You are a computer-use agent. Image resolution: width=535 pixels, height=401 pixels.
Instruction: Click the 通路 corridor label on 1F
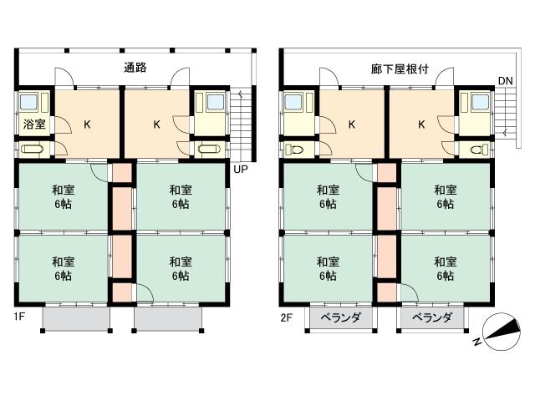135,68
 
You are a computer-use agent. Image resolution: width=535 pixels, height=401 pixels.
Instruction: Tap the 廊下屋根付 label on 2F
400,69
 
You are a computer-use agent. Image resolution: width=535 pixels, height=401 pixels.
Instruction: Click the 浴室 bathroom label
34,124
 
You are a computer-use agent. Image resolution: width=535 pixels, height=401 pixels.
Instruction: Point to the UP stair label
241,169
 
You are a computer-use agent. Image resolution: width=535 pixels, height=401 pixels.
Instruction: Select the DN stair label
505,81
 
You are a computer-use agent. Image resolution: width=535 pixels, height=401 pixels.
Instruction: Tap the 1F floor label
19,317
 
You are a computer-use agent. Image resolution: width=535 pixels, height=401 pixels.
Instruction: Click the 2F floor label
286,318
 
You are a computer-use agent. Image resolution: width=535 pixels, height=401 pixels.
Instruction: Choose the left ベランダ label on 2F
341,317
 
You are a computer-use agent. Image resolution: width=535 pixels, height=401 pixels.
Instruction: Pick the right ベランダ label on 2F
432,317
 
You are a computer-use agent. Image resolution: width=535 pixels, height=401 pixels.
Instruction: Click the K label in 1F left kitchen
87,124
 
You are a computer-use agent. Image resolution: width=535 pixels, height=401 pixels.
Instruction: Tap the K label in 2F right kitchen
421,124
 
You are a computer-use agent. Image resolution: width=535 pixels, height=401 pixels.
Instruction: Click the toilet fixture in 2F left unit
294,150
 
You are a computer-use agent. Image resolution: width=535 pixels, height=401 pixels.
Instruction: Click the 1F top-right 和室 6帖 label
181,197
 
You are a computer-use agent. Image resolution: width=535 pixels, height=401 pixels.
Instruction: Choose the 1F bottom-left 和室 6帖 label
64,268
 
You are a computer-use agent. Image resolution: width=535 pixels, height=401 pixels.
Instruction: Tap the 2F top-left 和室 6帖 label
328,197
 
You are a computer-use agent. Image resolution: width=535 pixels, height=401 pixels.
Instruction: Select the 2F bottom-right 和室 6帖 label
446,268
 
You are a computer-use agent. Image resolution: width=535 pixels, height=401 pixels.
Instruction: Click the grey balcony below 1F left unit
76,318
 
